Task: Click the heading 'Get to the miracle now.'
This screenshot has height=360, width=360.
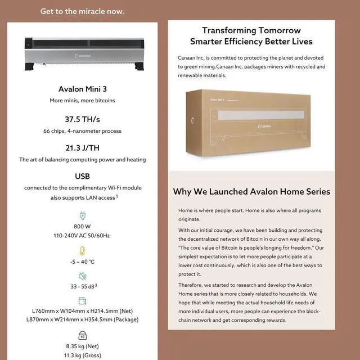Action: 83,11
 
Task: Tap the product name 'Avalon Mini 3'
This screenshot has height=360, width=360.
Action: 83,89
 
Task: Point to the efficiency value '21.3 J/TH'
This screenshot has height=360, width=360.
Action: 83,148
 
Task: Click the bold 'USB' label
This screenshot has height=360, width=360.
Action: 83,176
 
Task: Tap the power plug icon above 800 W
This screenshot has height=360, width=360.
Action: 83,215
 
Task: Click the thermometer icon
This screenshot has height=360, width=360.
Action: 83,250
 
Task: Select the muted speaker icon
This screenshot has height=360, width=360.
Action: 83,276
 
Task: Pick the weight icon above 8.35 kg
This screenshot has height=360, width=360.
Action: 83,336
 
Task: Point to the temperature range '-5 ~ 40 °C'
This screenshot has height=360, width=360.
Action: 83,262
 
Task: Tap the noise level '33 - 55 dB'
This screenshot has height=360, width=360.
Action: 81,286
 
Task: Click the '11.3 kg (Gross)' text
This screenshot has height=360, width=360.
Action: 83,355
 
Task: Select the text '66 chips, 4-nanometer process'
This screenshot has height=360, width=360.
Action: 83,131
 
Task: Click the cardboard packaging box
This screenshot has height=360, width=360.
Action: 251,121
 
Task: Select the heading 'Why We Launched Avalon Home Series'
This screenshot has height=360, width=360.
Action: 251,192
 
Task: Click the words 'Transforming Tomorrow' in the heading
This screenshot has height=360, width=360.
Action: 251,30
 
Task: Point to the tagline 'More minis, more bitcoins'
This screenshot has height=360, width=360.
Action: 83,100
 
